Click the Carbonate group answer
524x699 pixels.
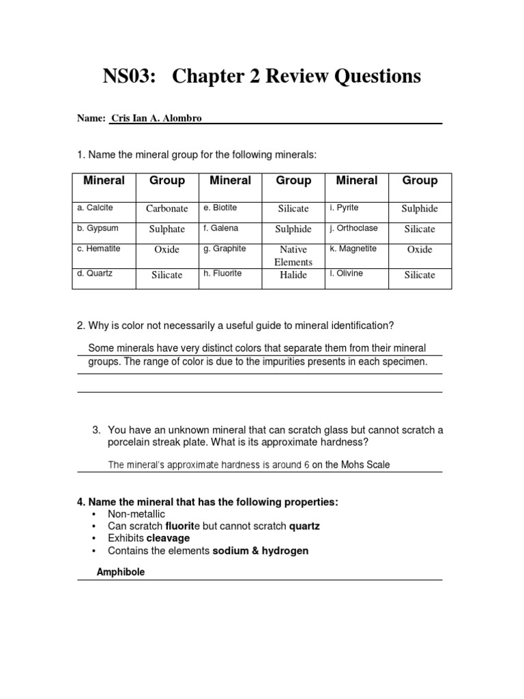click(167, 209)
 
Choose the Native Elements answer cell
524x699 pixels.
click(293, 256)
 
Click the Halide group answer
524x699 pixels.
click(293, 275)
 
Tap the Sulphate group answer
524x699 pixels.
click(167, 229)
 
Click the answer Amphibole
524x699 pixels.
click(120, 573)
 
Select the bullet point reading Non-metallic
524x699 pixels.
click(136, 514)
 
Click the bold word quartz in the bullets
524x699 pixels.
click(304, 526)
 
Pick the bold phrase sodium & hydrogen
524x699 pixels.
click(261, 551)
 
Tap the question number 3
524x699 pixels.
click(96, 430)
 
